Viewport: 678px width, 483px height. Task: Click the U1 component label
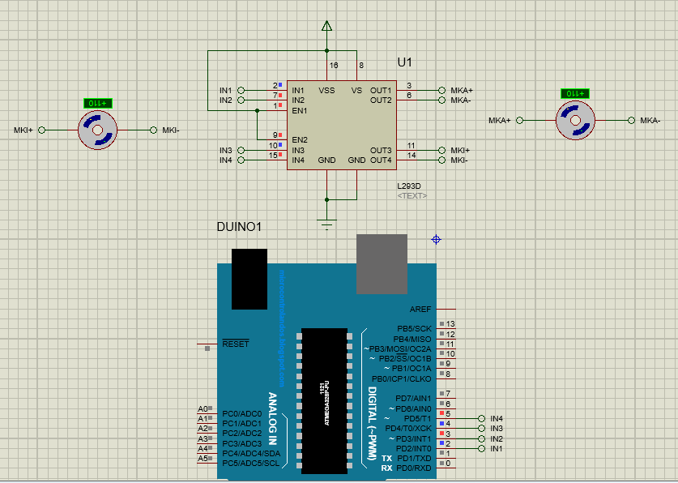405,62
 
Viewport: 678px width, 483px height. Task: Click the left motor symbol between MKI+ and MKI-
97,130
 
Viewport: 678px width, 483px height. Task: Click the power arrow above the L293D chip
327,27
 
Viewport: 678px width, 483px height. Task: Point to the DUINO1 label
239,227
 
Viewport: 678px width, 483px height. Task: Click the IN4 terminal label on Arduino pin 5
497,418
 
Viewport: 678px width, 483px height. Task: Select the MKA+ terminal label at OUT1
461,90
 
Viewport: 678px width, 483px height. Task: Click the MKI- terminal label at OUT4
458,160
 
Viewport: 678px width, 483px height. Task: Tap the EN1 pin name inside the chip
300,110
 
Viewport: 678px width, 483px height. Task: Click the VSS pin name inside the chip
326,91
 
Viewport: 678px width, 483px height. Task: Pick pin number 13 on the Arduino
450,324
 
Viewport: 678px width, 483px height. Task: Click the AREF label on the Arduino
420,309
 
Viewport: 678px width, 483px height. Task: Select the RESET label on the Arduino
236,344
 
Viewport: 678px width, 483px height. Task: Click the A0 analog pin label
203,409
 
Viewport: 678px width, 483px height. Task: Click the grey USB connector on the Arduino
381,265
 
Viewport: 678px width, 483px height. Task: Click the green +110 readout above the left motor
98,103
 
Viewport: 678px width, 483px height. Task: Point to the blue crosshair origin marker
436,239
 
